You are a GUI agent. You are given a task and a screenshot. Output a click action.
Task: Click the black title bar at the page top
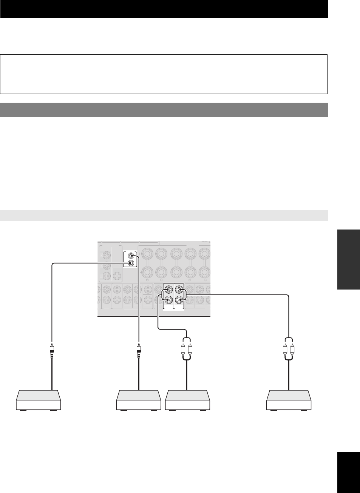coord(164,9)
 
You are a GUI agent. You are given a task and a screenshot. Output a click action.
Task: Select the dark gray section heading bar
coord(164,110)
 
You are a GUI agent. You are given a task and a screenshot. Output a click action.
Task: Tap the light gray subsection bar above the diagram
coord(164,216)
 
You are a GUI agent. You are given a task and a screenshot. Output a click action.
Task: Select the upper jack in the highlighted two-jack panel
coord(131,256)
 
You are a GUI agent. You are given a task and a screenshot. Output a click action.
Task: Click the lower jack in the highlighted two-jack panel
coord(131,263)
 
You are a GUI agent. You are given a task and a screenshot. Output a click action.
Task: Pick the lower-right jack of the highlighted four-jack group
coord(180,300)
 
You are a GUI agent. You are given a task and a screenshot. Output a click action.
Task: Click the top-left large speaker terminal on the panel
coord(148,253)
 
